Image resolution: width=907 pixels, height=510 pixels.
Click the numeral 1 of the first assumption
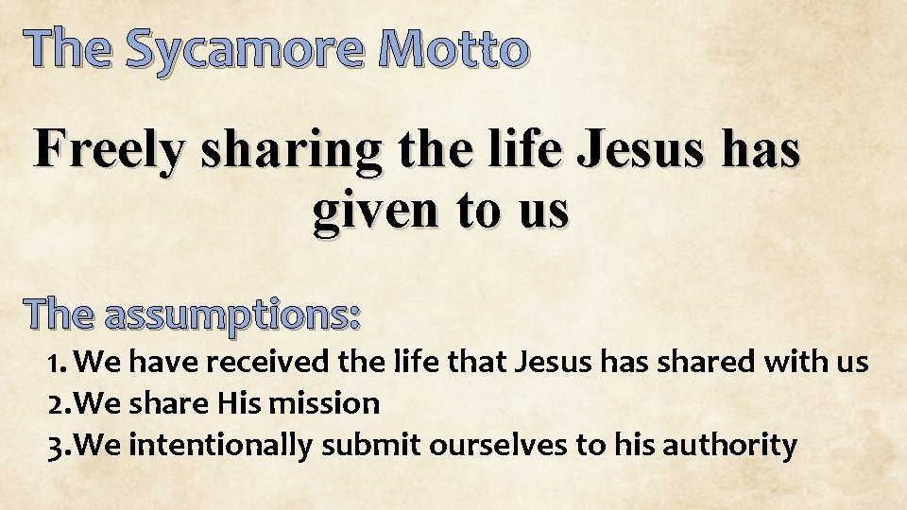coord(55,362)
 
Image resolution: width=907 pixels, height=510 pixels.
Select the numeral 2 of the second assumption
coord(56,403)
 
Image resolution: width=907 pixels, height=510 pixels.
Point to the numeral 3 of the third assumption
coord(56,444)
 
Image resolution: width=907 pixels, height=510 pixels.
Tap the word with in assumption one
coord(799,362)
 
